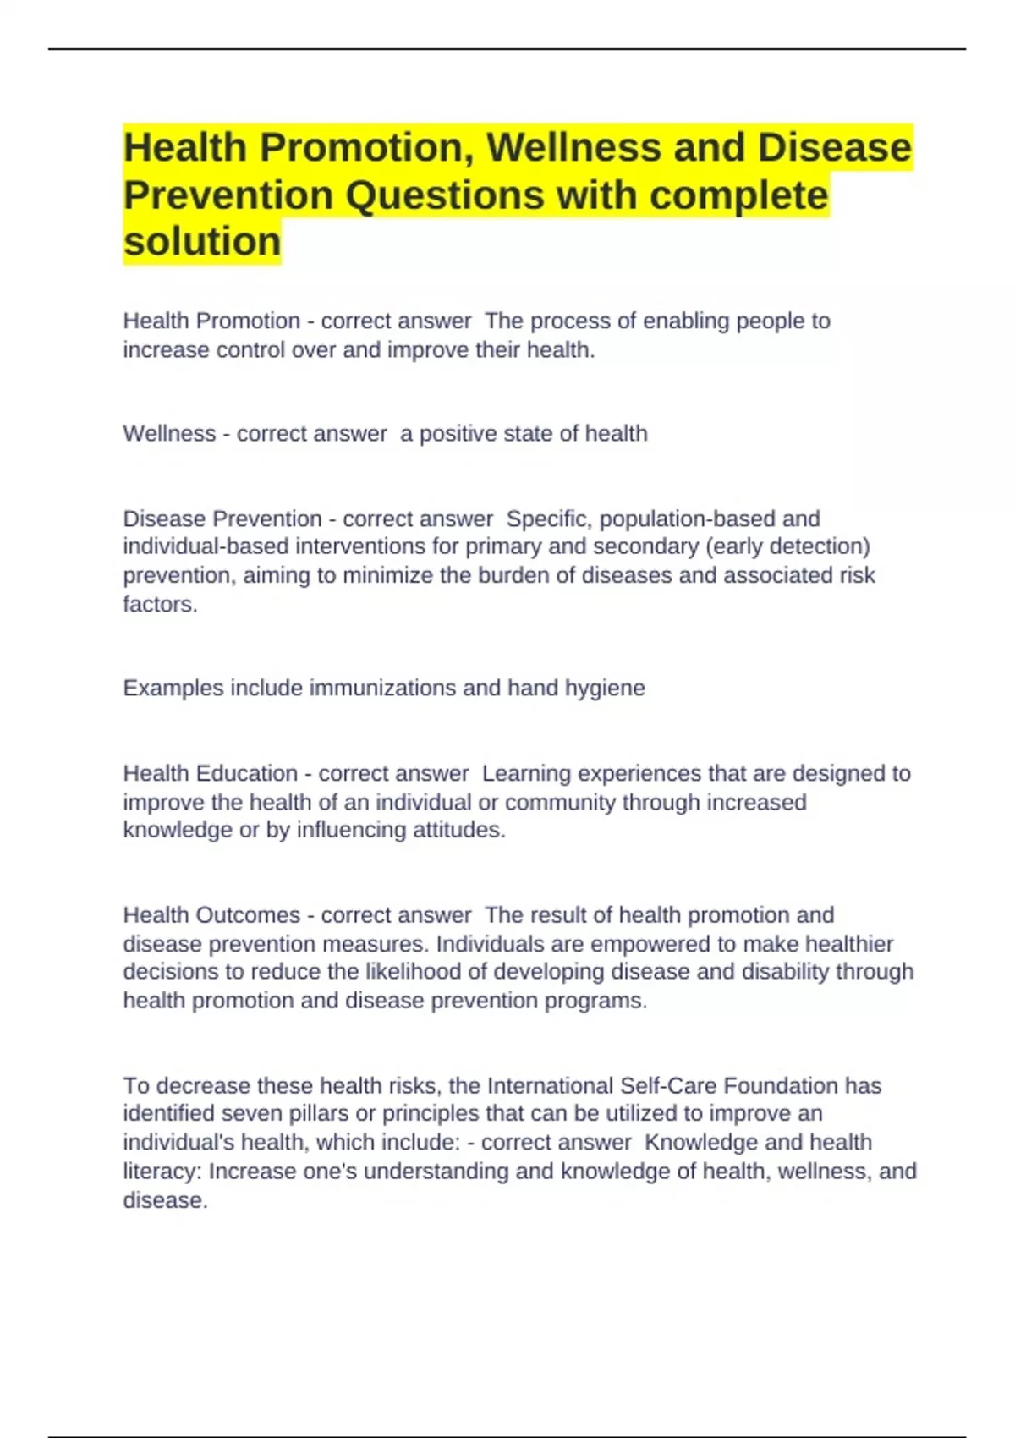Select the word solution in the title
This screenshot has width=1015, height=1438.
tap(201, 242)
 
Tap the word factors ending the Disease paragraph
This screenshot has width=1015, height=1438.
tap(159, 604)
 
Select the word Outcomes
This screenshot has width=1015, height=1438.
tap(248, 915)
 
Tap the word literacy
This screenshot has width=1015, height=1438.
tap(162, 1172)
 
